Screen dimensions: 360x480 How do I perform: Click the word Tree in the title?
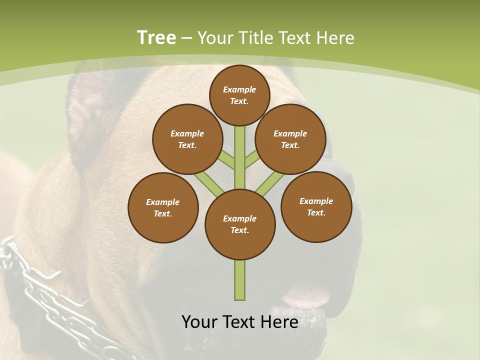tap(156, 37)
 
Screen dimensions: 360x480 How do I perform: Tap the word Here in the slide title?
tap(336, 37)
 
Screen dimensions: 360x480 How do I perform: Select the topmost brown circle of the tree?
tap(239, 95)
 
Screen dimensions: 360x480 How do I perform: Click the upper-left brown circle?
tap(187, 139)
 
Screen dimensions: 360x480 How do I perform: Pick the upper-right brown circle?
tap(290, 139)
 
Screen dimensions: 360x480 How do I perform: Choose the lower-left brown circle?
tap(163, 207)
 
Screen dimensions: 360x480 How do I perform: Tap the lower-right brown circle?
tap(316, 206)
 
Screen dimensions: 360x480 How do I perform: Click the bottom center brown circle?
tap(240, 224)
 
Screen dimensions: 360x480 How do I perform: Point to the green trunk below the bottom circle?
tap(240, 280)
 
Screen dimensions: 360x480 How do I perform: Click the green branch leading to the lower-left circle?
tap(209, 183)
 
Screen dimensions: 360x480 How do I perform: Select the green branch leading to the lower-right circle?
tap(270, 183)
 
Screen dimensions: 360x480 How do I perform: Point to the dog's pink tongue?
tap(305, 298)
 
